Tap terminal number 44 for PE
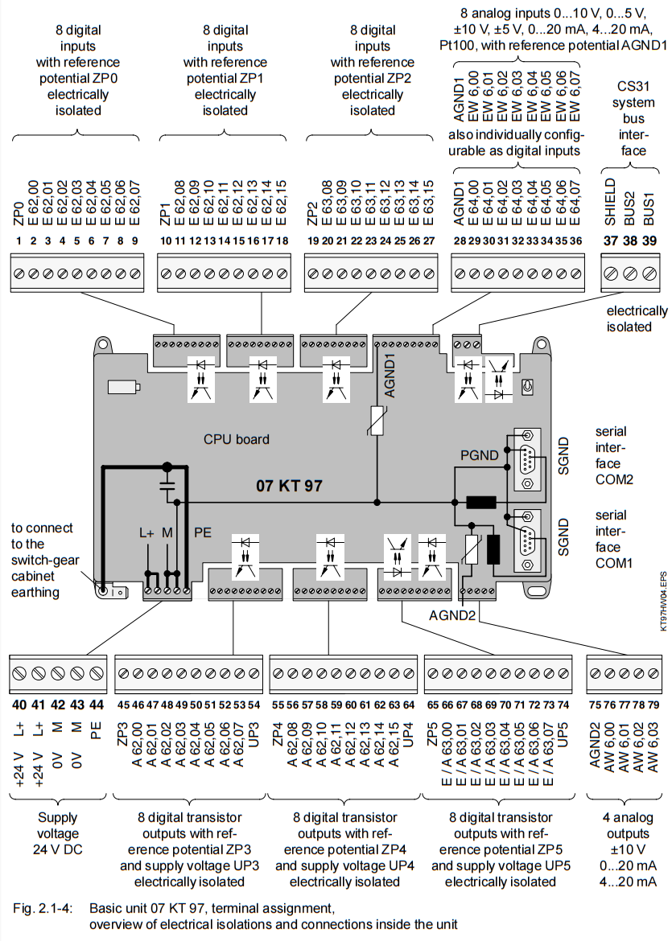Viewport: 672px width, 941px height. click(97, 705)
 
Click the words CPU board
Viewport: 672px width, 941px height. click(236, 440)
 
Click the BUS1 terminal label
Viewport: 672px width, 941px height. click(647, 201)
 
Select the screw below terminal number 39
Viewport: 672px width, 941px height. click(647, 273)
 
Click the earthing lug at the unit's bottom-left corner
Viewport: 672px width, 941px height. click(105, 590)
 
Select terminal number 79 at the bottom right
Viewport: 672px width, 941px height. click(653, 705)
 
